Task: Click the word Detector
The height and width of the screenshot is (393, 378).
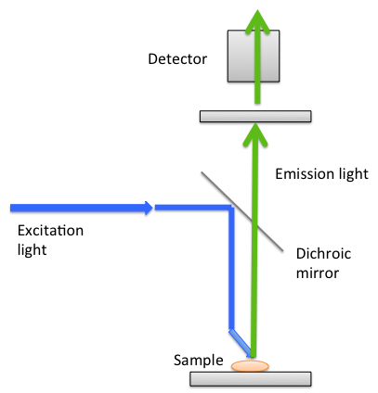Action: pyautogui.click(x=177, y=58)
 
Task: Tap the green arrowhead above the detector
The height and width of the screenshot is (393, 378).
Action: pyautogui.click(x=257, y=21)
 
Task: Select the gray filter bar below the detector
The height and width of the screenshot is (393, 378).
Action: pyautogui.click(x=255, y=116)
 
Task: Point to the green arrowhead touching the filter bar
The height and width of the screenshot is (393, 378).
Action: pyautogui.click(x=255, y=134)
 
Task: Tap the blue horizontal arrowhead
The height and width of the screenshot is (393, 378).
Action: pyautogui.click(x=149, y=208)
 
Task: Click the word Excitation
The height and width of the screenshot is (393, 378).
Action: pyautogui.click(x=50, y=231)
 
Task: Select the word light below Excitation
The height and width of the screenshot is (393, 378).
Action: pyautogui.click(x=32, y=249)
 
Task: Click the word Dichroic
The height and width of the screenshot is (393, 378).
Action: pyautogui.click(x=323, y=254)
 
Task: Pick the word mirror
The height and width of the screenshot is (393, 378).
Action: pyautogui.click(x=318, y=273)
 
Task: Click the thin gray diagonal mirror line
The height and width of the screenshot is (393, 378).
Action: pyautogui.click(x=242, y=211)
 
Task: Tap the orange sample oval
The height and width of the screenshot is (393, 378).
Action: pyautogui.click(x=250, y=366)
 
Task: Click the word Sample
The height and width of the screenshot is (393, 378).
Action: pyautogui.click(x=199, y=361)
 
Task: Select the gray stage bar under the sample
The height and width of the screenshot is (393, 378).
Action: pyautogui.click(x=251, y=379)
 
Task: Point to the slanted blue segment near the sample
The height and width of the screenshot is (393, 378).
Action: pyautogui.click(x=241, y=342)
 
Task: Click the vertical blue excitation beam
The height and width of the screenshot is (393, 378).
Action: pyautogui.click(x=231, y=268)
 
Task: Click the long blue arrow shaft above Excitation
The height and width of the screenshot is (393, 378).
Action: pyautogui.click(x=77, y=208)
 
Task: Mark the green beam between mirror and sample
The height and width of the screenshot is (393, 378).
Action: pyautogui.click(x=254, y=290)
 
